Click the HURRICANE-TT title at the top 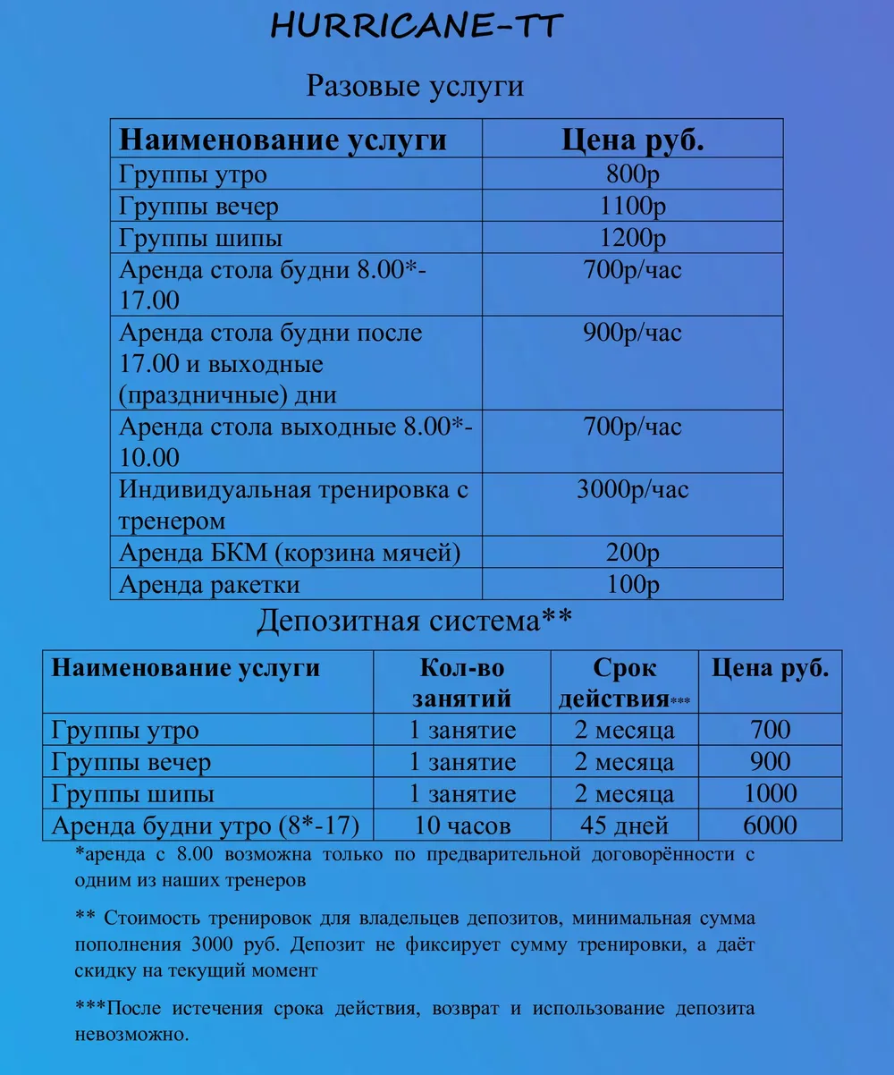(x=417, y=26)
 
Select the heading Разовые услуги (x=415, y=87)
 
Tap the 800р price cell (x=632, y=174)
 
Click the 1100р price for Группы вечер (x=632, y=207)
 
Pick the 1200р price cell (x=632, y=239)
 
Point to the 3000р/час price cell (x=632, y=490)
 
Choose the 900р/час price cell (x=632, y=334)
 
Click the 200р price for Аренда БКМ (x=632, y=553)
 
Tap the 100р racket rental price (x=632, y=585)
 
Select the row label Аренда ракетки (x=209, y=585)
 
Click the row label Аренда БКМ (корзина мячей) (x=290, y=553)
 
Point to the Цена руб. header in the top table (x=632, y=140)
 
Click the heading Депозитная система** (x=414, y=621)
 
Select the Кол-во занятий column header (x=462, y=682)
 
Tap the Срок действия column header (x=624, y=682)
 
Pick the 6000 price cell (x=770, y=825)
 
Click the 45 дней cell (x=624, y=825)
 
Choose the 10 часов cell (x=462, y=825)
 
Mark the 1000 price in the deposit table (x=770, y=793)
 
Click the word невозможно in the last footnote (x=131, y=1034)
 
